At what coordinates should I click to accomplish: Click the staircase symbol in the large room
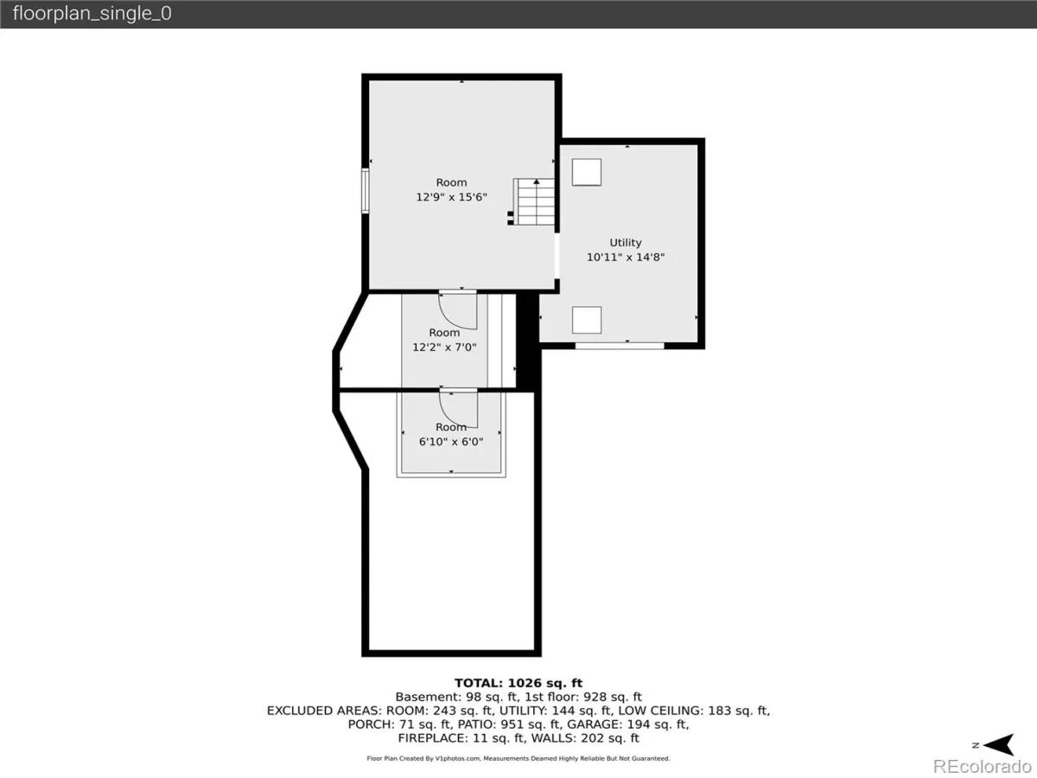coord(533,201)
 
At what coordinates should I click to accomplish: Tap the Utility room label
coord(625,242)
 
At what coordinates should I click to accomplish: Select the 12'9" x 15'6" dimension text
coord(451,197)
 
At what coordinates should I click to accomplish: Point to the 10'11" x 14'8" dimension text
coord(626,257)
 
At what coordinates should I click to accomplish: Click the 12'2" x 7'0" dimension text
coord(444,348)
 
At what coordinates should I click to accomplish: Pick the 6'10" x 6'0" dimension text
coord(451,442)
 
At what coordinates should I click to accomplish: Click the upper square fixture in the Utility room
coord(587,172)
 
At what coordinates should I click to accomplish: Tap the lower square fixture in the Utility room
coord(587,320)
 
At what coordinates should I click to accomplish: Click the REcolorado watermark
coord(983,766)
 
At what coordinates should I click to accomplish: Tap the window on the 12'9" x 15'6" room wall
coord(366,190)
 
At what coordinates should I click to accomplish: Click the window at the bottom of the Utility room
coord(620,347)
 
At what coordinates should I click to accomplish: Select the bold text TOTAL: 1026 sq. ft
coord(518,683)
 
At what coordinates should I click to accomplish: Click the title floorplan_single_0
coord(92,13)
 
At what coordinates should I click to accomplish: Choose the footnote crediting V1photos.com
coord(518,759)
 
